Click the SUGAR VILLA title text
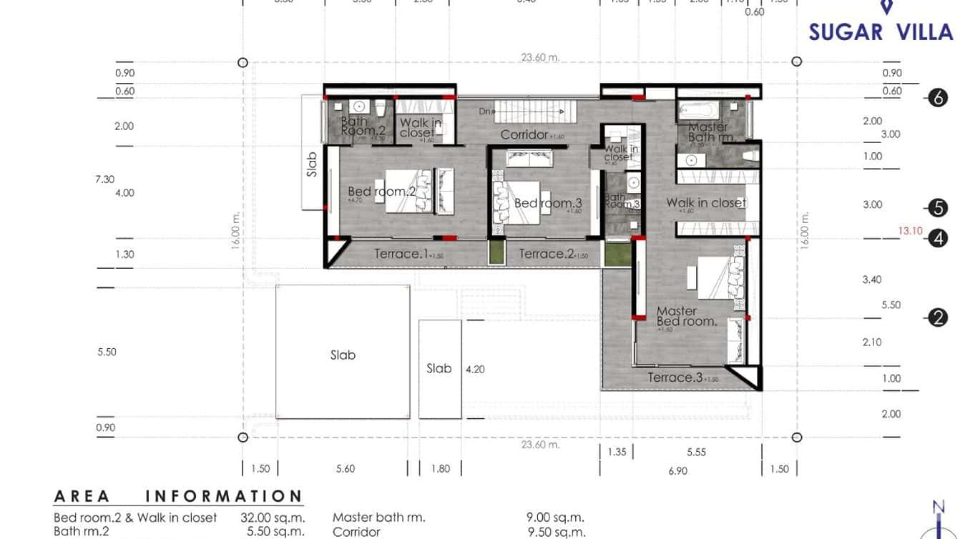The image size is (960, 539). click(x=881, y=32)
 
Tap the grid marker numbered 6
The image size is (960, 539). click(x=938, y=98)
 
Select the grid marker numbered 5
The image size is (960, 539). click(x=938, y=208)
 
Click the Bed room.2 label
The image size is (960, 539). click(x=381, y=192)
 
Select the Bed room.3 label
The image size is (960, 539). click(x=548, y=203)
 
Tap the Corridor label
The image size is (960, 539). click(x=524, y=134)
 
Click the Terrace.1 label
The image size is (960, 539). click(x=397, y=254)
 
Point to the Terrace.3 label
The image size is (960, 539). click(x=675, y=377)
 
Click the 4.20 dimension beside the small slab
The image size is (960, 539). click(x=475, y=370)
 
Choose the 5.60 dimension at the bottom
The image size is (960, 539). click(x=345, y=469)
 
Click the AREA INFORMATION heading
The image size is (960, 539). click(x=178, y=496)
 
